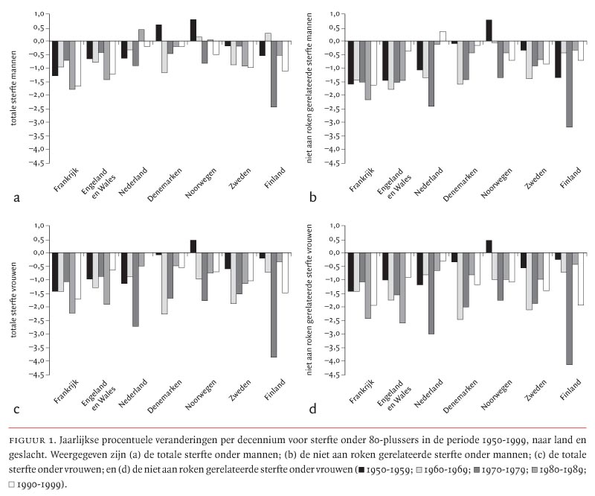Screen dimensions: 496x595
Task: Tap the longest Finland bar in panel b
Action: [x=570, y=83]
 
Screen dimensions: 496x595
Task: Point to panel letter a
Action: [x=16, y=198]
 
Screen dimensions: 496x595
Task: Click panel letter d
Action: [x=313, y=410]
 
